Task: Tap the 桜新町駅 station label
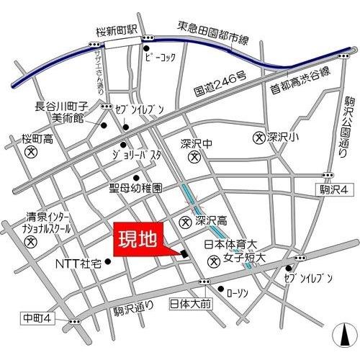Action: [x=116, y=31]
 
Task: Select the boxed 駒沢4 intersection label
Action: [x=334, y=189]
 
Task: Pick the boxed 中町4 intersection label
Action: [x=34, y=318]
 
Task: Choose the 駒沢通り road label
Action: [x=134, y=309]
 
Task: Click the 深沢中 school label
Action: [x=194, y=143]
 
